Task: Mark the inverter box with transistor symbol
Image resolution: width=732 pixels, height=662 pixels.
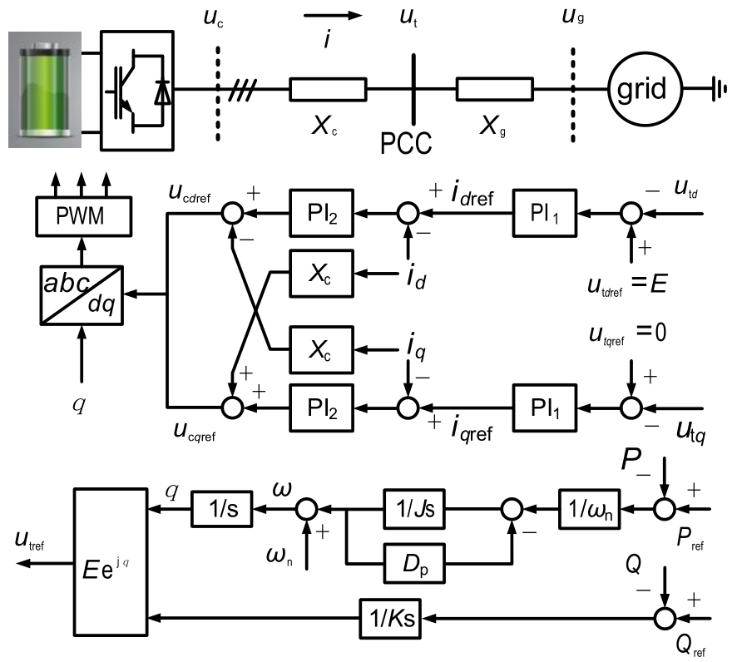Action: (136, 89)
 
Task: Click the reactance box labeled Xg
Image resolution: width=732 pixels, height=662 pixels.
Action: (494, 89)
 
